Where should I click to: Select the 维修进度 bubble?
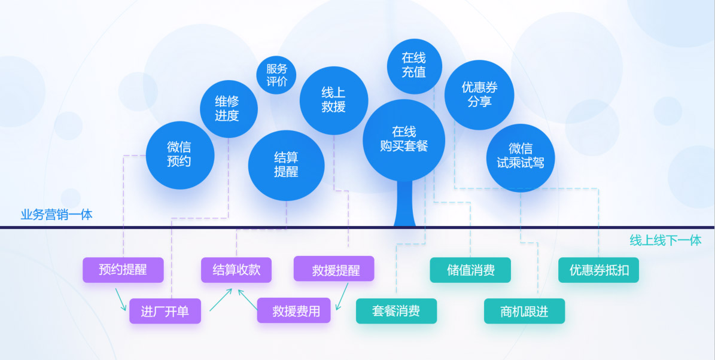pos(227,109)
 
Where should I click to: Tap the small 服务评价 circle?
pos(276,75)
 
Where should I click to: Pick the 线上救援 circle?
pos(334,100)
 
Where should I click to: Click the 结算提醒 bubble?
pos(286,164)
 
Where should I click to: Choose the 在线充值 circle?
pos(414,65)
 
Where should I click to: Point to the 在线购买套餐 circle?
pos(404,139)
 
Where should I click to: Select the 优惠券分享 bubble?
pos(479,95)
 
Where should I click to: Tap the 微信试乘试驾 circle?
pos(521,156)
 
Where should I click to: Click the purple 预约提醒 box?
pos(123,270)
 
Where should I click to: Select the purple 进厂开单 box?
pos(165,311)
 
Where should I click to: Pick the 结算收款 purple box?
pos(236,270)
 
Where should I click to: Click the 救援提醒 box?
pos(334,269)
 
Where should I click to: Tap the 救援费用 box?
pos(294,311)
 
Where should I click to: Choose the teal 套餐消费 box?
pos(396,311)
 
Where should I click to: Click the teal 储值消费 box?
pos(470,270)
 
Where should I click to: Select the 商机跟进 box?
pos(524,311)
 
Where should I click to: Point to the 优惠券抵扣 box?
pos(598,270)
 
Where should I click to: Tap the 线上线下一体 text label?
pos(665,240)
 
